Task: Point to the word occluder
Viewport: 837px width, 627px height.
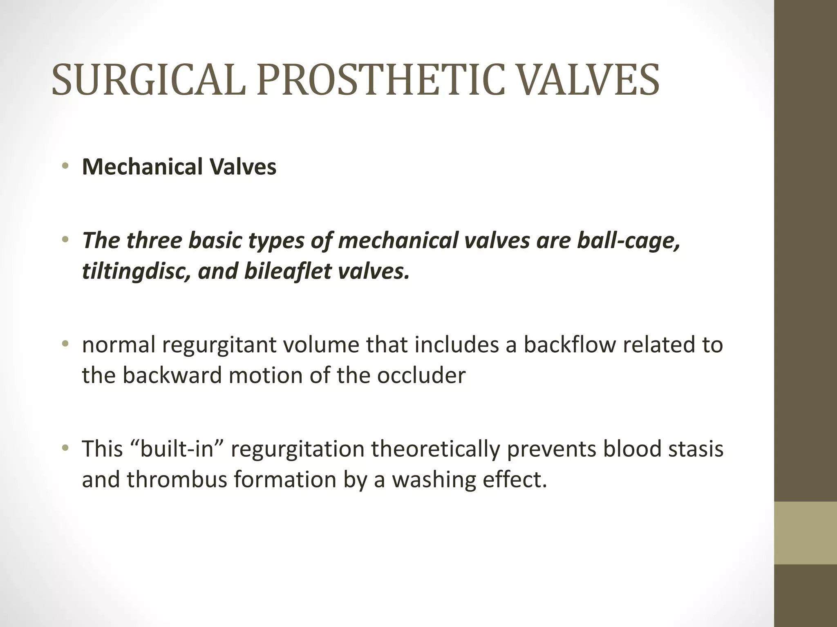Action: [x=421, y=375]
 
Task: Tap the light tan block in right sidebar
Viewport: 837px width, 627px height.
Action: [x=806, y=533]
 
